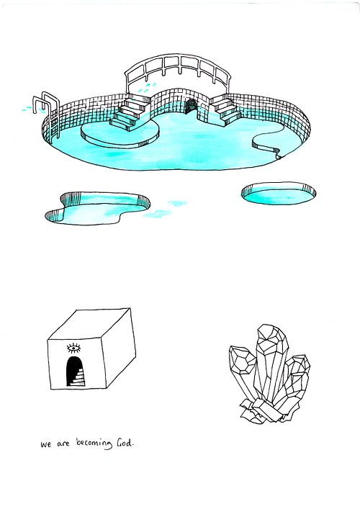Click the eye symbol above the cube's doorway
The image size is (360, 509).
click(x=73, y=348)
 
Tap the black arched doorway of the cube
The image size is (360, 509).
click(x=76, y=371)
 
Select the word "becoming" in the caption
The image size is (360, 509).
click(x=94, y=443)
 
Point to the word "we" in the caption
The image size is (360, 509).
click(x=46, y=444)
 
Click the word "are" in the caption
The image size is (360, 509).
click(x=63, y=443)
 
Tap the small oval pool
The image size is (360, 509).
click(x=279, y=194)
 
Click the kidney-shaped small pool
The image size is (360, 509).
click(x=97, y=208)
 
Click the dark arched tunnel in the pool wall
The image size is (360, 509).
click(x=191, y=107)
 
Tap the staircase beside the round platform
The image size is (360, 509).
click(x=130, y=114)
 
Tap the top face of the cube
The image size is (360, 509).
click(x=89, y=324)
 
